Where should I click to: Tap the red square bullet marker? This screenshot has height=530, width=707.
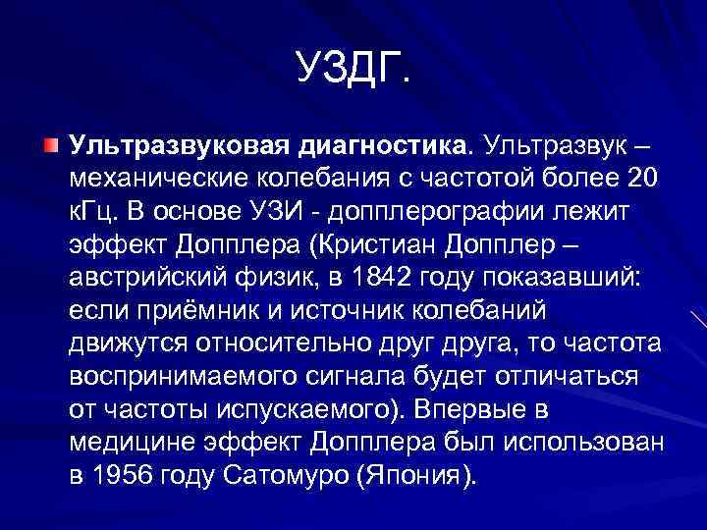coord(51,146)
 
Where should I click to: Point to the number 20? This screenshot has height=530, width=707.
coord(642,179)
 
